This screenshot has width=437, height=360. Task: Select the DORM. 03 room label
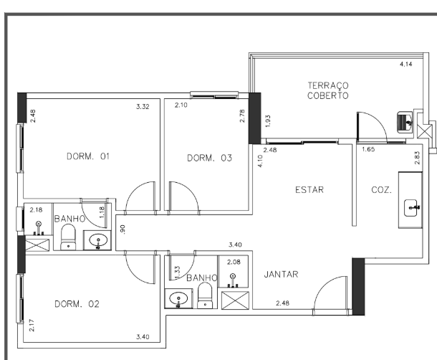coord(210,158)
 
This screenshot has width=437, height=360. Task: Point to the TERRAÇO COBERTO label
coord(329,90)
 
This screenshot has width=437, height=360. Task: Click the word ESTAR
coord(309,190)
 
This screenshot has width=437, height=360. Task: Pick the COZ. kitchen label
coord(382,191)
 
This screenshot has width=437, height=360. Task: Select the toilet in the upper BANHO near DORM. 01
coord(69,237)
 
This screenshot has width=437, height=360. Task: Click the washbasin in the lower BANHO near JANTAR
coord(176,298)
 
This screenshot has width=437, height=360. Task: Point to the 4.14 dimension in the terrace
coord(406,65)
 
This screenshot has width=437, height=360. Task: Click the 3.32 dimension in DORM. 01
coord(143,107)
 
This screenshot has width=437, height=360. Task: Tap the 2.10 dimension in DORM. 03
coord(182,106)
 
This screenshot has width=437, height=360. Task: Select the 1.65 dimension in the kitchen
coord(368,150)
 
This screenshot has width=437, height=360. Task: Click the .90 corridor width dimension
coord(123,229)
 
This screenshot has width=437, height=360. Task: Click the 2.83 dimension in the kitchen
coord(416,158)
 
